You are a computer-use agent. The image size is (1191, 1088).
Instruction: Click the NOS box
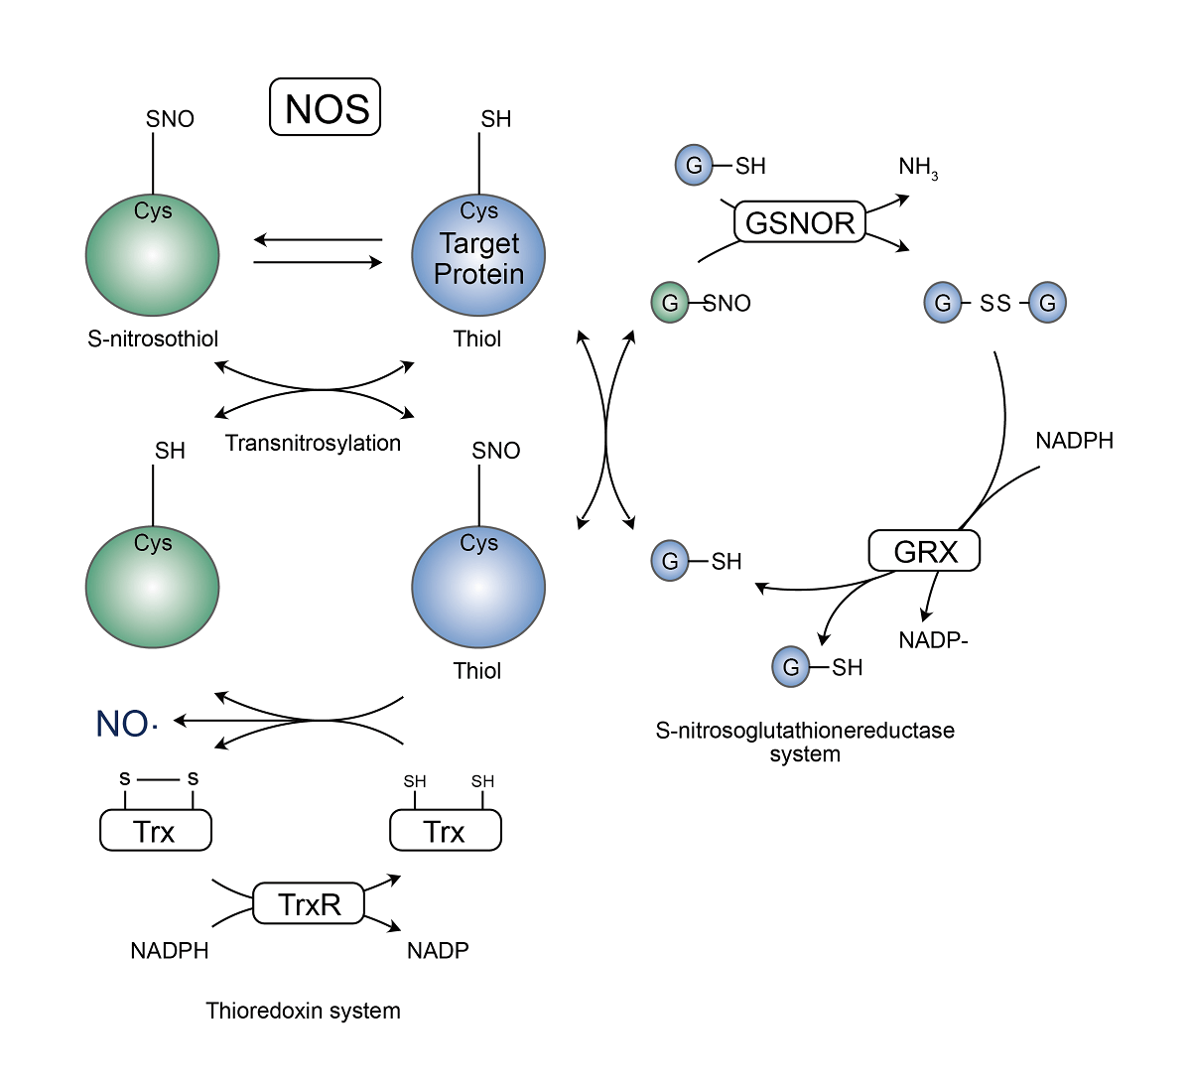click(326, 107)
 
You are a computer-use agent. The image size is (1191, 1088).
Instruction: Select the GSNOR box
click(800, 222)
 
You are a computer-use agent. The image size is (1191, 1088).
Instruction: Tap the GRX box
click(924, 551)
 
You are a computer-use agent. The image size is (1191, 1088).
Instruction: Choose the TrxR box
click(309, 904)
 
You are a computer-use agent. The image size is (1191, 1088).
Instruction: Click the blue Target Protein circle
click(478, 256)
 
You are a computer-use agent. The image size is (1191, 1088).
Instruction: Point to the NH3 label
click(917, 168)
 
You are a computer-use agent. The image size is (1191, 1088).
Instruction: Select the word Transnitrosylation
click(313, 443)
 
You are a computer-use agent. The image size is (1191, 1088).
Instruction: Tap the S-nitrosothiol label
click(153, 339)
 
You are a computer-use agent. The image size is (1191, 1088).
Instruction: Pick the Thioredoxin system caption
click(303, 1011)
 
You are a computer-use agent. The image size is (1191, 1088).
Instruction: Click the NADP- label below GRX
click(933, 640)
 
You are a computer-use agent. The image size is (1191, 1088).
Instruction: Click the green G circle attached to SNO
click(670, 303)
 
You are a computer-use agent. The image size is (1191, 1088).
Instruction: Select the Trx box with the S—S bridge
click(156, 830)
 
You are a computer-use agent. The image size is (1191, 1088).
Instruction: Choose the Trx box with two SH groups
click(446, 830)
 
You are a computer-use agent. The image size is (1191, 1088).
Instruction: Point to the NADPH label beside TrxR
click(170, 951)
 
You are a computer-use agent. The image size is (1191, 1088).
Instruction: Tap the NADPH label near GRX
click(1074, 440)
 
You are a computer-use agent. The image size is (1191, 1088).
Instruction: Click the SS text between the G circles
click(994, 303)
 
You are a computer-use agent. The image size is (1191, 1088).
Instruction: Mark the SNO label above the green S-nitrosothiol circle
click(170, 119)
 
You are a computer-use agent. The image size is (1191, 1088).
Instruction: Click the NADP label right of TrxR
click(438, 951)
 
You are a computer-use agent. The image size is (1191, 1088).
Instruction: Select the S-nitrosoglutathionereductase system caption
click(805, 742)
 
